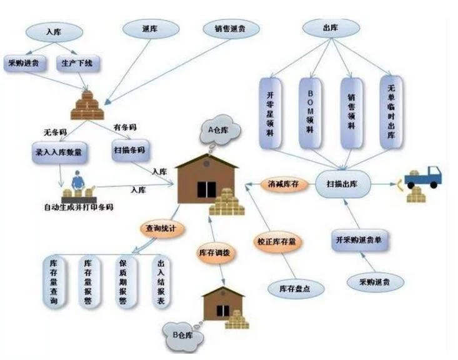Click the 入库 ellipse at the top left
click(x=54, y=31)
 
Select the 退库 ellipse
click(x=151, y=29)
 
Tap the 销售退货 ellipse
click(x=231, y=28)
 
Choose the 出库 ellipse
click(x=331, y=27)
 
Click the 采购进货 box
click(x=24, y=63)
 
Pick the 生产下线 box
click(x=77, y=63)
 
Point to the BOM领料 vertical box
click(x=310, y=112)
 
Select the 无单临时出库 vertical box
click(x=392, y=112)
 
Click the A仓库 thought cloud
click(x=220, y=131)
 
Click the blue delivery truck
click(x=423, y=177)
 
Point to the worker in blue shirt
click(x=78, y=180)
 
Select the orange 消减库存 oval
click(x=284, y=184)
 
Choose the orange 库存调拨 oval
click(x=216, y=253)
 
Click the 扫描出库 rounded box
click(x=343, y=184)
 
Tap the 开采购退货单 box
click(x=360, y=240)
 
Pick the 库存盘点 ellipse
click(x=296, y=289)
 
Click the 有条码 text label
click(x=125, y=127)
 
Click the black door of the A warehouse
click(x=207, y=189)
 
